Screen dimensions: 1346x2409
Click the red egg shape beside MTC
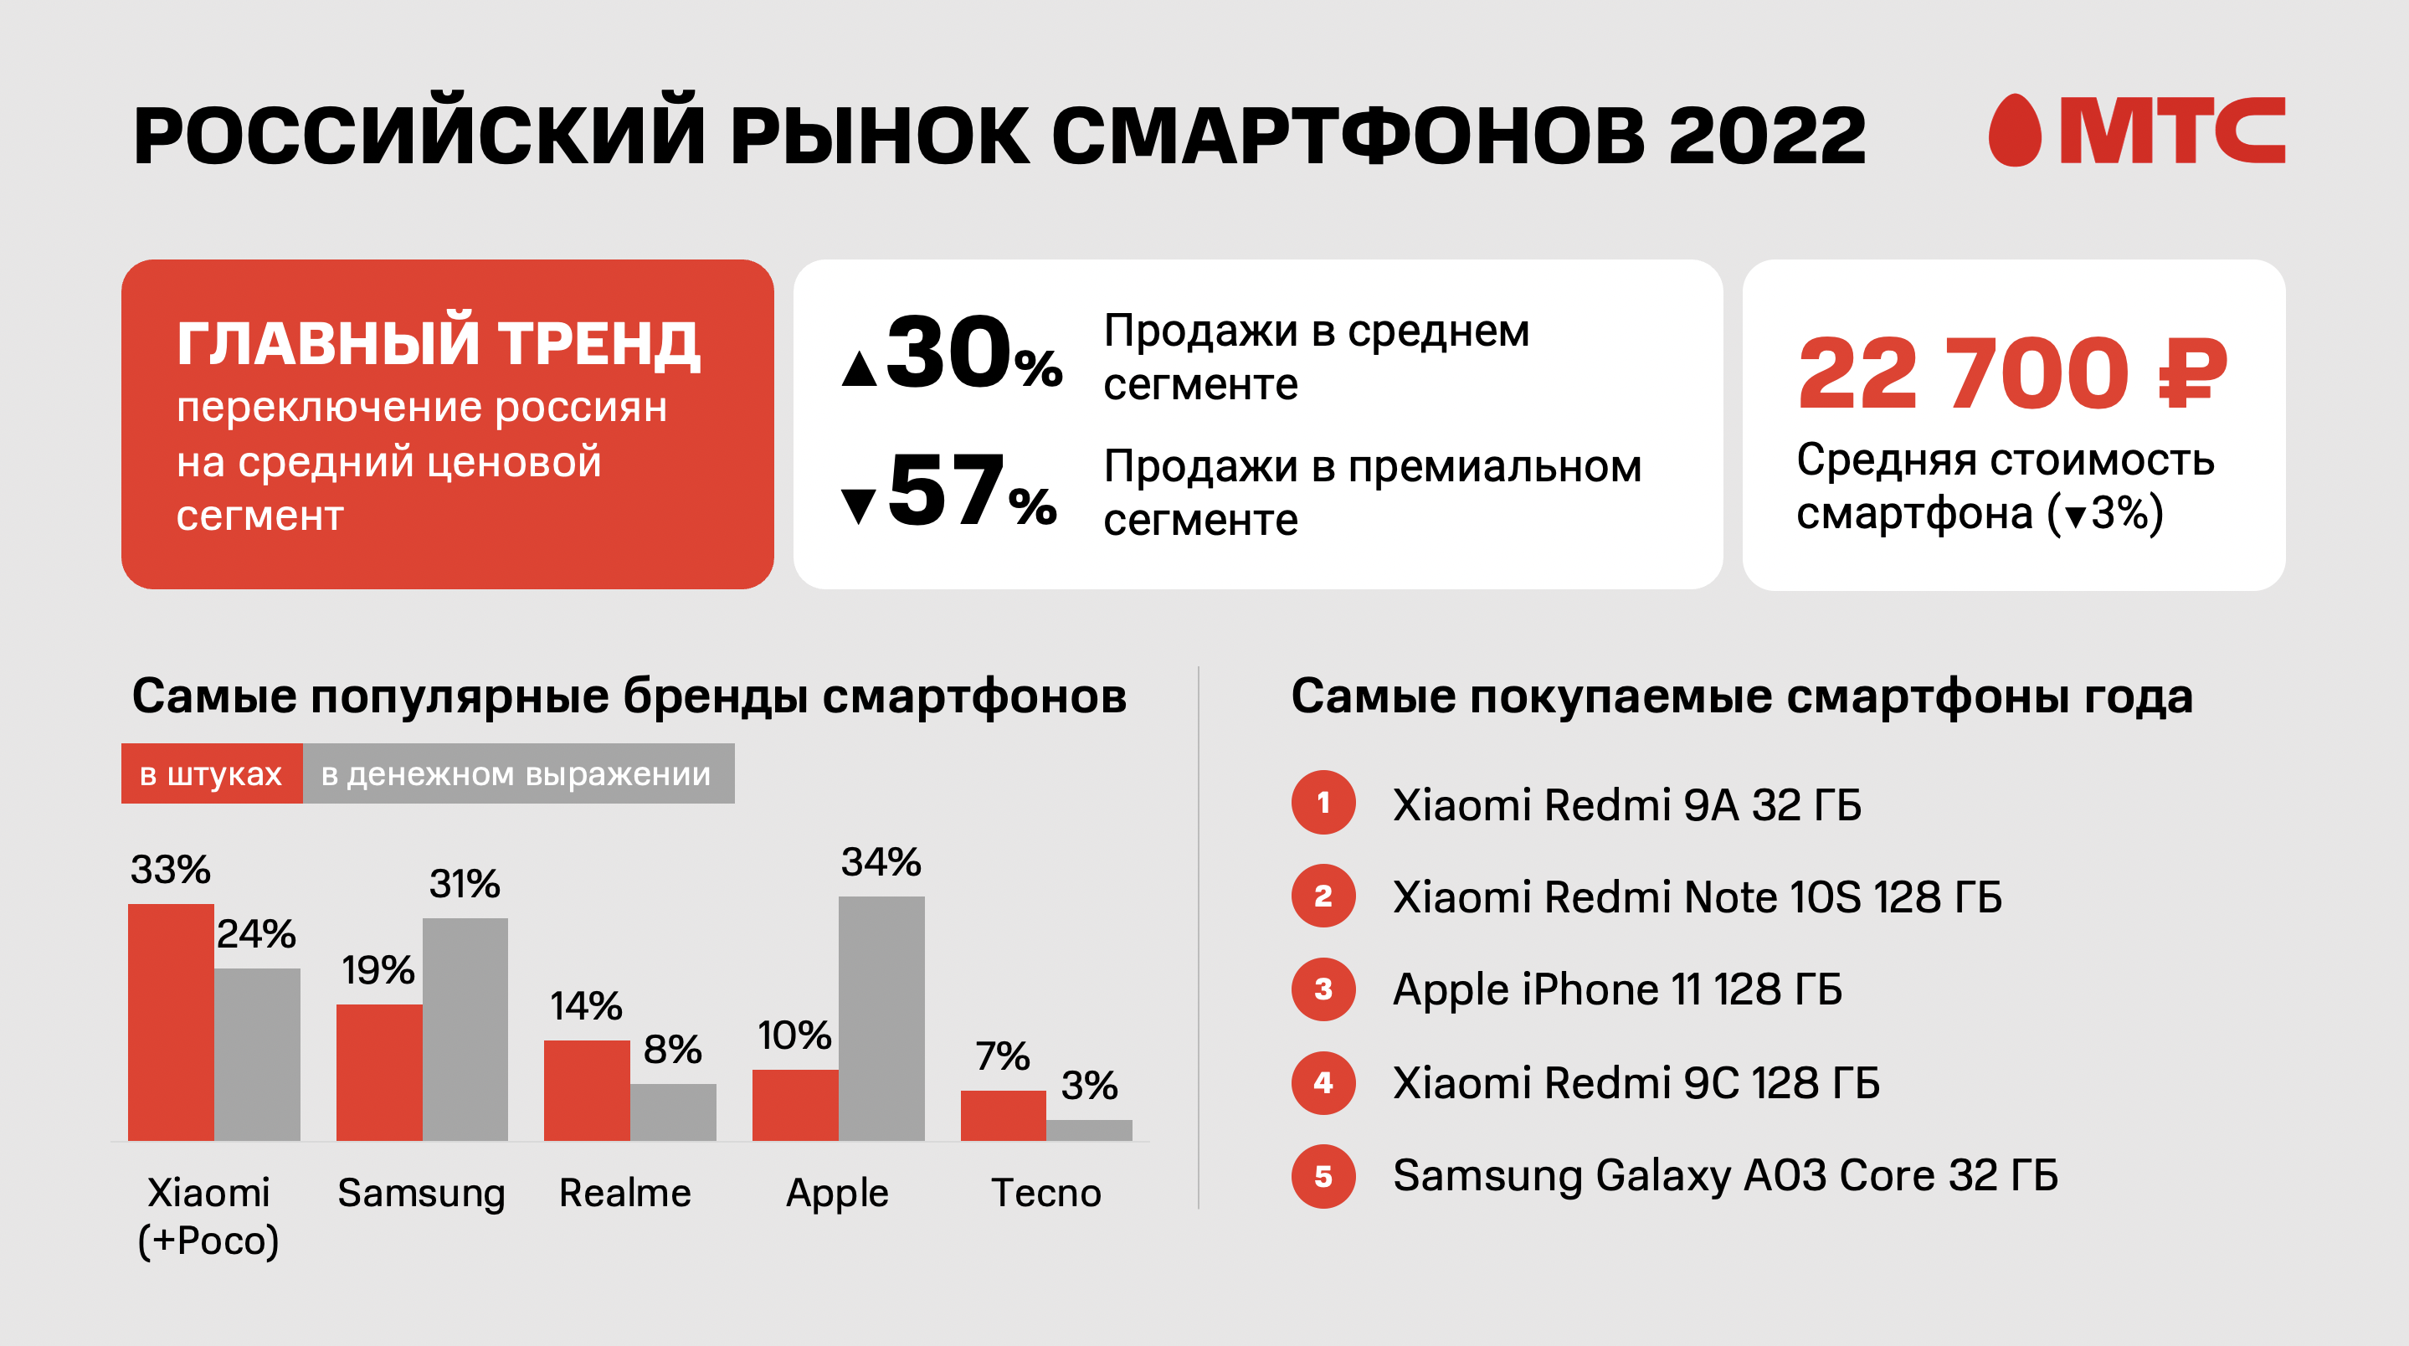(2016, 131)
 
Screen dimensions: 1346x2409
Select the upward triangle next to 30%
(859, 368)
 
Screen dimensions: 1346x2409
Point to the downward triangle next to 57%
(858, 505)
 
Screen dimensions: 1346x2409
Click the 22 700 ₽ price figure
(2011, 374)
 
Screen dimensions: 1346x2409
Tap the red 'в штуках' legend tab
(211, 773)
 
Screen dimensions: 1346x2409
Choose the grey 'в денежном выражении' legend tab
(517, 773)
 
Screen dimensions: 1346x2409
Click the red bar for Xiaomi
(170, 1021)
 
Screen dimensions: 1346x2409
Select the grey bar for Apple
(881, 1018)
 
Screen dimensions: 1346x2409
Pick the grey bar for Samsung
(465, 1029)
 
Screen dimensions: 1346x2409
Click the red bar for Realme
(587, 1090)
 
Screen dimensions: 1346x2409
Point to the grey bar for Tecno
(1088, 1130)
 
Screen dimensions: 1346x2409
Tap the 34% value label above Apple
(880, 861)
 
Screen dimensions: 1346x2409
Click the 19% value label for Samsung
(377, 970)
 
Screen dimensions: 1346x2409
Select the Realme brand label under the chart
(624, 1193)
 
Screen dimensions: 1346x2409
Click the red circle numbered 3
(1323, 989)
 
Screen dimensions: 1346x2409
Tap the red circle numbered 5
(1323, 1176)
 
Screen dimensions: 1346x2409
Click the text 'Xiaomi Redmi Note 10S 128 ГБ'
(1697, 897)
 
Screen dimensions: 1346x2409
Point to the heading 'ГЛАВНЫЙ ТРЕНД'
(438, 343)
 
